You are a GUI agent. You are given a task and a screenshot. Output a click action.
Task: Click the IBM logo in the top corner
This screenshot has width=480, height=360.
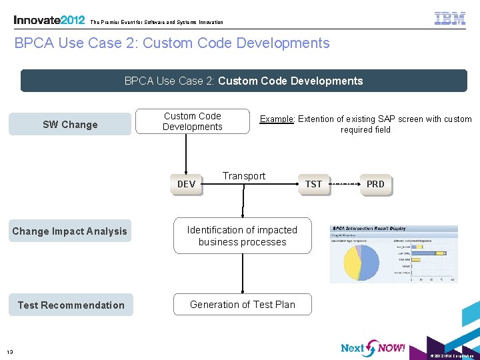tap(450, 19)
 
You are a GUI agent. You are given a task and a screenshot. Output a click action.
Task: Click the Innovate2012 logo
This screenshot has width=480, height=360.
tap(49, 20)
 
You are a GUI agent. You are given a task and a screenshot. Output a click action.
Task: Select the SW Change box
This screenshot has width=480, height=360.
tap(70, 125)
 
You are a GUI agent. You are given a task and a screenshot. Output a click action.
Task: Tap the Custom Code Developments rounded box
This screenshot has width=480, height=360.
tap(193, 121)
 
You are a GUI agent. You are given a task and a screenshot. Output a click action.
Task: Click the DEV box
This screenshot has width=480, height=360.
tap(187, 184)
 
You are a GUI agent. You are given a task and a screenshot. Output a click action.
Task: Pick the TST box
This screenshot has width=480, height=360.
tap(313, 184)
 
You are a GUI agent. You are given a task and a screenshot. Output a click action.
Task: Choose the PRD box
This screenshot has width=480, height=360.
tap(375, 184)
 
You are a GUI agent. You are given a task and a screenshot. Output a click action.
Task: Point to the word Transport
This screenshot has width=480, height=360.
tap(244, 176)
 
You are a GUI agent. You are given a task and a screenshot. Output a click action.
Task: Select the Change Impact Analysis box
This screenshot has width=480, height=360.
tap(69, 231)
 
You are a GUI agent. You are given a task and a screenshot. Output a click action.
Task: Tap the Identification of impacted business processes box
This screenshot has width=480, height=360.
tap(242, 236)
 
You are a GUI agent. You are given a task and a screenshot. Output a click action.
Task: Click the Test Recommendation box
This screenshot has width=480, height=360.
tap(71, 305)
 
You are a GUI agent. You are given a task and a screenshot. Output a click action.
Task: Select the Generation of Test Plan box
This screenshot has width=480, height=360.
tap(242, 305)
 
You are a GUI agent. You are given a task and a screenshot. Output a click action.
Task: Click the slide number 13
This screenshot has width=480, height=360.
tap(10, 352)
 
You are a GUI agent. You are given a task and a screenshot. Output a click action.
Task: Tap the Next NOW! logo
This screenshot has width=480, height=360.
tap(372, 347)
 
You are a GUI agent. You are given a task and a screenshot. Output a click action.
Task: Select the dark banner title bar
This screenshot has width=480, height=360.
tap(243, 81)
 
